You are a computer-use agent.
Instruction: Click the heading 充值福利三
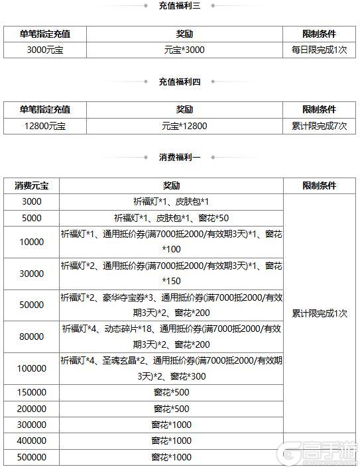[x=179, y=6]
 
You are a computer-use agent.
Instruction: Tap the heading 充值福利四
[x=179, y=81]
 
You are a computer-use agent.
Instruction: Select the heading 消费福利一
[x=179, y=157]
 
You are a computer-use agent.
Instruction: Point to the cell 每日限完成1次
[x=319, y=50]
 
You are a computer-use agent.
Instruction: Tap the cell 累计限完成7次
[x=319, y=126]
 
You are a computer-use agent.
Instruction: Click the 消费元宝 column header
[x=32, y=186]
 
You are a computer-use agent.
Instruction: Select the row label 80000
[x=32, y=337]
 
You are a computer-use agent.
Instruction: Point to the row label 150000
[x=32, y=393]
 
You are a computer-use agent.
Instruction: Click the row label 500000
[x=32, y=457]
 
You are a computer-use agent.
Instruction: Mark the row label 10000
[x=32, y=242]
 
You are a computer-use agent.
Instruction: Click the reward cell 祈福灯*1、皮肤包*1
[x=171, y=201]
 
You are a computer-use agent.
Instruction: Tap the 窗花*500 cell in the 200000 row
[x=171, y=409]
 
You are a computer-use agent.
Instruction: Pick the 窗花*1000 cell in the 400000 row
[x=171, y=441]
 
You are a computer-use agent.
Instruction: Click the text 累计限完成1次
[x=319, y=313]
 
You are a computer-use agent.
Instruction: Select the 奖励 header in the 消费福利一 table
[x=171, y=186]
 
